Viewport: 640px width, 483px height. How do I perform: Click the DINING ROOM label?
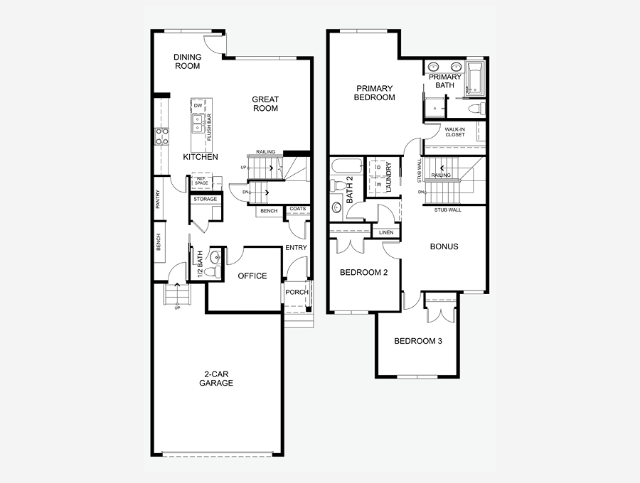[187, 62]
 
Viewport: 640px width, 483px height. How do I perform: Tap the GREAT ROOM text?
[265, 104]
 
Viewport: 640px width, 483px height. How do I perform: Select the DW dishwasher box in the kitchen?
[198, 105]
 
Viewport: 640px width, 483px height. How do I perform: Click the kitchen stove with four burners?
[161, 136]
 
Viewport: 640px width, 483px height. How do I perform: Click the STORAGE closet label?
[206, 200]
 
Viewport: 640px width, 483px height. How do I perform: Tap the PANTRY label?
[158, 200]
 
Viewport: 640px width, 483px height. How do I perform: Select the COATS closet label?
[297, 210]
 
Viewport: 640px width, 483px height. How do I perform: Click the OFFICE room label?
[252, 276]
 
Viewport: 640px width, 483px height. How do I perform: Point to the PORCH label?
[297, 292]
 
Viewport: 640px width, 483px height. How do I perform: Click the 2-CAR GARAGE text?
[216, 378]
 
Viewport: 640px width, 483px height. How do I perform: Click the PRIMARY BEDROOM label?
[374, 93]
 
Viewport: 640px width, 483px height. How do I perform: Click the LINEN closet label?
[385, 232]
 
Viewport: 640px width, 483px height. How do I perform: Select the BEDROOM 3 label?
[418, 341]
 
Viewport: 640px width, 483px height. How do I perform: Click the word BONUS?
[444, 246]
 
